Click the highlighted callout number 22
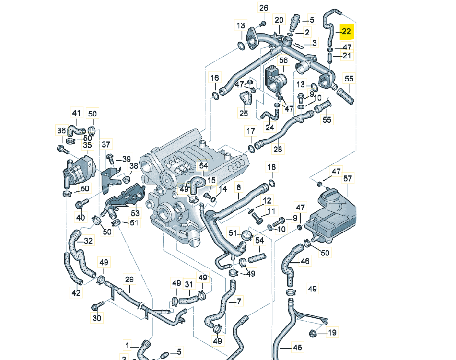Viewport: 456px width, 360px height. click(x=346, y=32)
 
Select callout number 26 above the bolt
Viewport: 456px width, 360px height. click(x=264, y=8)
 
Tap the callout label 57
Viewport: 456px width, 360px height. click(x=348, y=179)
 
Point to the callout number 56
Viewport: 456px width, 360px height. click(x=283, y=60)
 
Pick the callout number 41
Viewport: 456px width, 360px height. click(x=77, y=113)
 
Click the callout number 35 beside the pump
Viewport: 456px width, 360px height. click(x=87, y=145)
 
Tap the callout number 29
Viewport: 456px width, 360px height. click(x=129, y=279)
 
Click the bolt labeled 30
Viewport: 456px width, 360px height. click(x=97, y=306)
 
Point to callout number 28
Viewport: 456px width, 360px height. click(x=278, y=150)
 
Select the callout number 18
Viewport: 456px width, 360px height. click(x=272, y=167)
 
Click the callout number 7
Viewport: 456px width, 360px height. click(x=239, y=301)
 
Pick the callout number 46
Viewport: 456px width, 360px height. click(x=305, y=262)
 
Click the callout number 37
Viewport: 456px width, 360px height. click(x=105, y=144)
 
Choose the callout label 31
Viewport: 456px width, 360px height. click(x=189, y=284)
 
